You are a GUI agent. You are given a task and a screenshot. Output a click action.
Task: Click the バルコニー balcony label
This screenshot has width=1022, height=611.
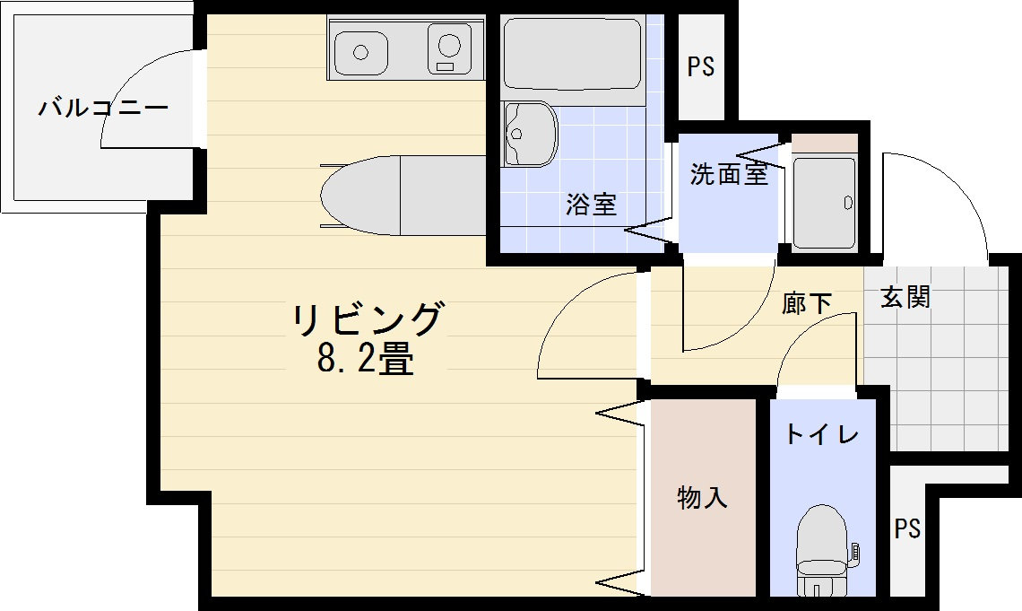103,109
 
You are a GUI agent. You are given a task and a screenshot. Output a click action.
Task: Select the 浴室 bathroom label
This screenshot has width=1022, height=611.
591,205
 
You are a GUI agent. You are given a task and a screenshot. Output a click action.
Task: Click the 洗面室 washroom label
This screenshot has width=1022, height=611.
729,174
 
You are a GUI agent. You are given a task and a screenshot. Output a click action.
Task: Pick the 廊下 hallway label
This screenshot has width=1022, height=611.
806,303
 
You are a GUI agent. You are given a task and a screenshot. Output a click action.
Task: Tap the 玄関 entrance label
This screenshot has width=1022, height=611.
905,297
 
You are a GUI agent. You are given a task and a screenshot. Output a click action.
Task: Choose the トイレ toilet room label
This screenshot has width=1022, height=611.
822,435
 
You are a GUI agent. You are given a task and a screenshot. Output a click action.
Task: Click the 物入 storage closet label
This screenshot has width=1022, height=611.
702,497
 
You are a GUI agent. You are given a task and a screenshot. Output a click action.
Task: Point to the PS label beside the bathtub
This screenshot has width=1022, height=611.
701,67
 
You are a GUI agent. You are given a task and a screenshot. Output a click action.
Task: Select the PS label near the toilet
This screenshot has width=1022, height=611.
907,528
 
